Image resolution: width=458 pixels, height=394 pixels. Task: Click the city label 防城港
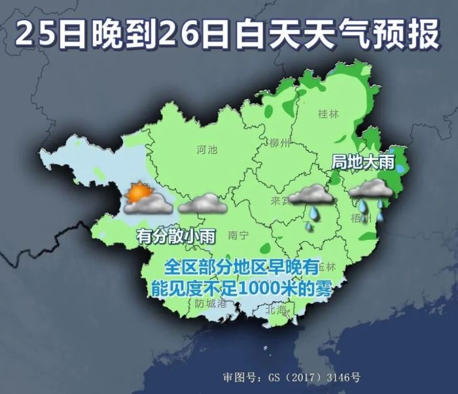coord(210,303)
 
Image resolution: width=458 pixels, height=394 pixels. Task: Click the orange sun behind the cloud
coord(137,192)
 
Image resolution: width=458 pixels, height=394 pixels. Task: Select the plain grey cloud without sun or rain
coord(202,205)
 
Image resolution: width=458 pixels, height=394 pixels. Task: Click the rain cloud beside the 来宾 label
coord(311,196)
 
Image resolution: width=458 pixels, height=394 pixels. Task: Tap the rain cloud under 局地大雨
coord(370,189)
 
